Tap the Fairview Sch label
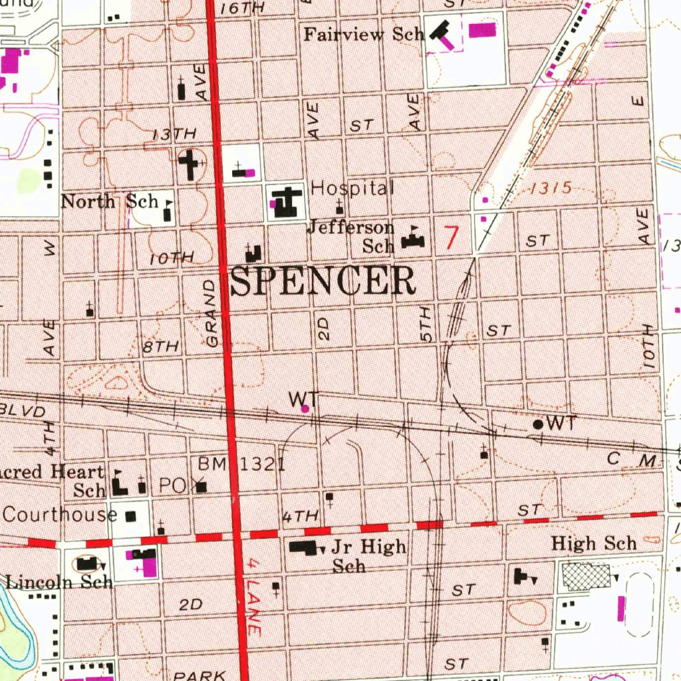(363, 34)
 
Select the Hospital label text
(352, 188)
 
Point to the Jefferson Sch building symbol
(413, 239)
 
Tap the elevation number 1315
(551, 189)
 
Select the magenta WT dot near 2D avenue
(305, 408)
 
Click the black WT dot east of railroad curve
(537, 424)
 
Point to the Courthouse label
(60, 514)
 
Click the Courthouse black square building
(130, 515)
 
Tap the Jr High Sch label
(368, 555)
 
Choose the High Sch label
(594, 543)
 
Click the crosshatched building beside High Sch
(586, 577)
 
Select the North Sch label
(109, 201)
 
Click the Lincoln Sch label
(59, 583)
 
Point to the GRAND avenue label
(211, 313)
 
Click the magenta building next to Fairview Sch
(482, 30)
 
